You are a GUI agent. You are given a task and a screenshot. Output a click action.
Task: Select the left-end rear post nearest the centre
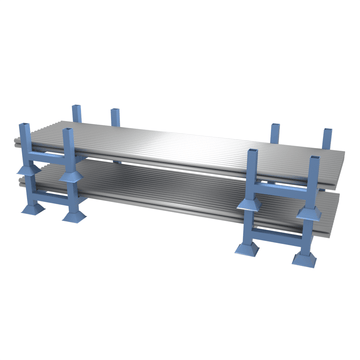[x=114, y=111]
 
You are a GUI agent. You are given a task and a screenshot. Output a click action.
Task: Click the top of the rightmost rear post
[x=325, y=131]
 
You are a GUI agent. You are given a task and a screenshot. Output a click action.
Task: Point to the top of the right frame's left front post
[x=251, y=154]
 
